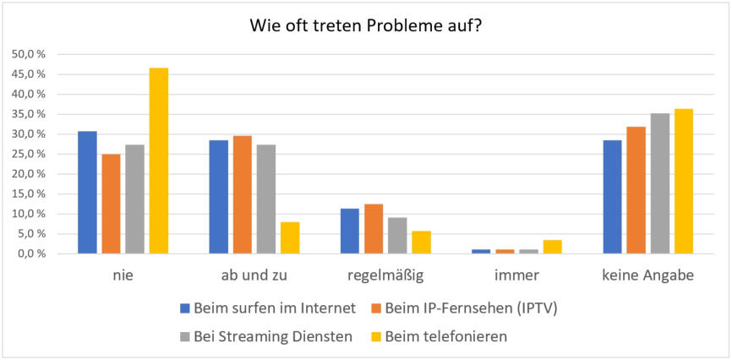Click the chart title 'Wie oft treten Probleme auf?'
tap(365, 25)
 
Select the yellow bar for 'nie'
tap(159, 161)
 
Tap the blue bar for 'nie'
tap(87, 193)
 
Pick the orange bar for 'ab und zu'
tap(243, 194)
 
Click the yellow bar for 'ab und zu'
tap(290, 237)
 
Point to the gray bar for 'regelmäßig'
tap(397, 236)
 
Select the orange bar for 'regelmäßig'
tap(374, 229)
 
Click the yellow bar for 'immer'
tap(553, 247)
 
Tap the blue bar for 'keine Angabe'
tap(612, 197)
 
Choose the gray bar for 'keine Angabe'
tap(660, 183)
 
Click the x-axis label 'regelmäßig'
tap(385, 275)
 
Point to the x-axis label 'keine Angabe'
tap(647, 275)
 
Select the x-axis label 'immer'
tap(516, 275)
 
